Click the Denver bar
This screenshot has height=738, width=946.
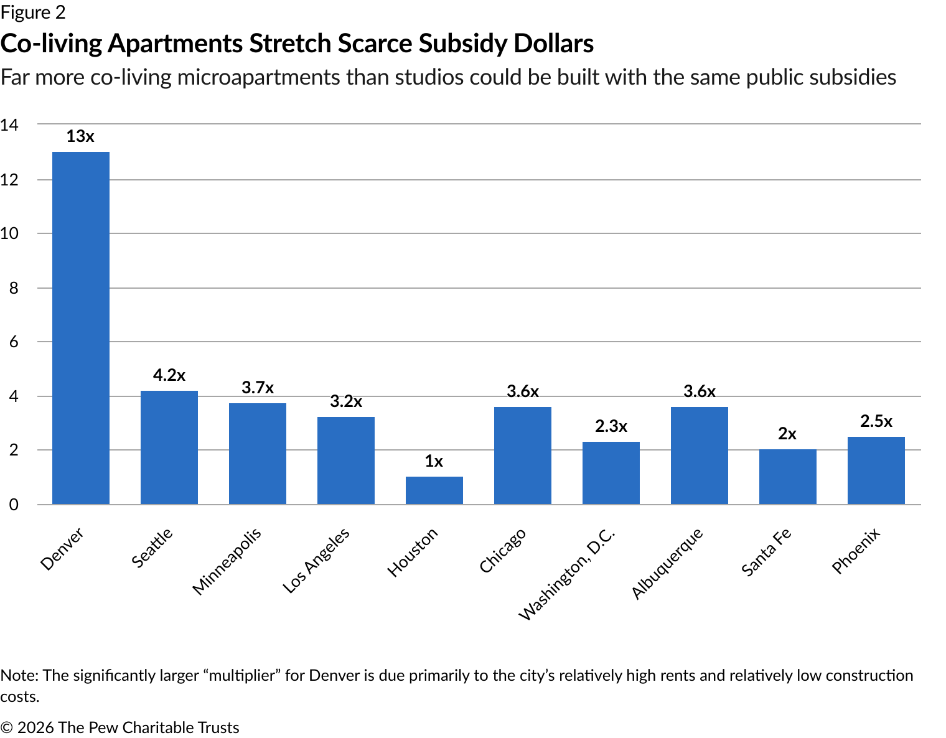click(81, 328)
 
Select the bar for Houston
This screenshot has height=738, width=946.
click(434, 490)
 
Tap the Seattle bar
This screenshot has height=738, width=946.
click(169, 447)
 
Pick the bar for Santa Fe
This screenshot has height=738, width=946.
click(787, 477)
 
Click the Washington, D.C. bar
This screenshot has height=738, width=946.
click(611, 473)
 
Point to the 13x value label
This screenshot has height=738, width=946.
click(80, 137)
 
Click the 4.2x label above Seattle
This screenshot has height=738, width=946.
click(169, 375)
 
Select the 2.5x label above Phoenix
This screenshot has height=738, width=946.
click(876, 422)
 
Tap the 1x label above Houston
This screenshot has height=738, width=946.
click(434, 461)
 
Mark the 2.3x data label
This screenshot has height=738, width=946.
click(611, 426)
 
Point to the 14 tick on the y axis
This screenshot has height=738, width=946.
click(9, 125)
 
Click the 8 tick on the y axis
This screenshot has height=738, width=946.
click(13, 288)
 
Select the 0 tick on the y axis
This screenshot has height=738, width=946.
click(13, 505)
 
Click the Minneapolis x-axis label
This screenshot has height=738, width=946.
click(226, 562)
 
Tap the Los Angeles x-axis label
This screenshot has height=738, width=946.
click(316, 560)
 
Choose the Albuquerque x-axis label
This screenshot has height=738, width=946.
click(667, 563)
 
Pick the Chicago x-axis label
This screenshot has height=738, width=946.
click(503, 551)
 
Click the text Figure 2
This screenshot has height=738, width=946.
click(33, 12)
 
